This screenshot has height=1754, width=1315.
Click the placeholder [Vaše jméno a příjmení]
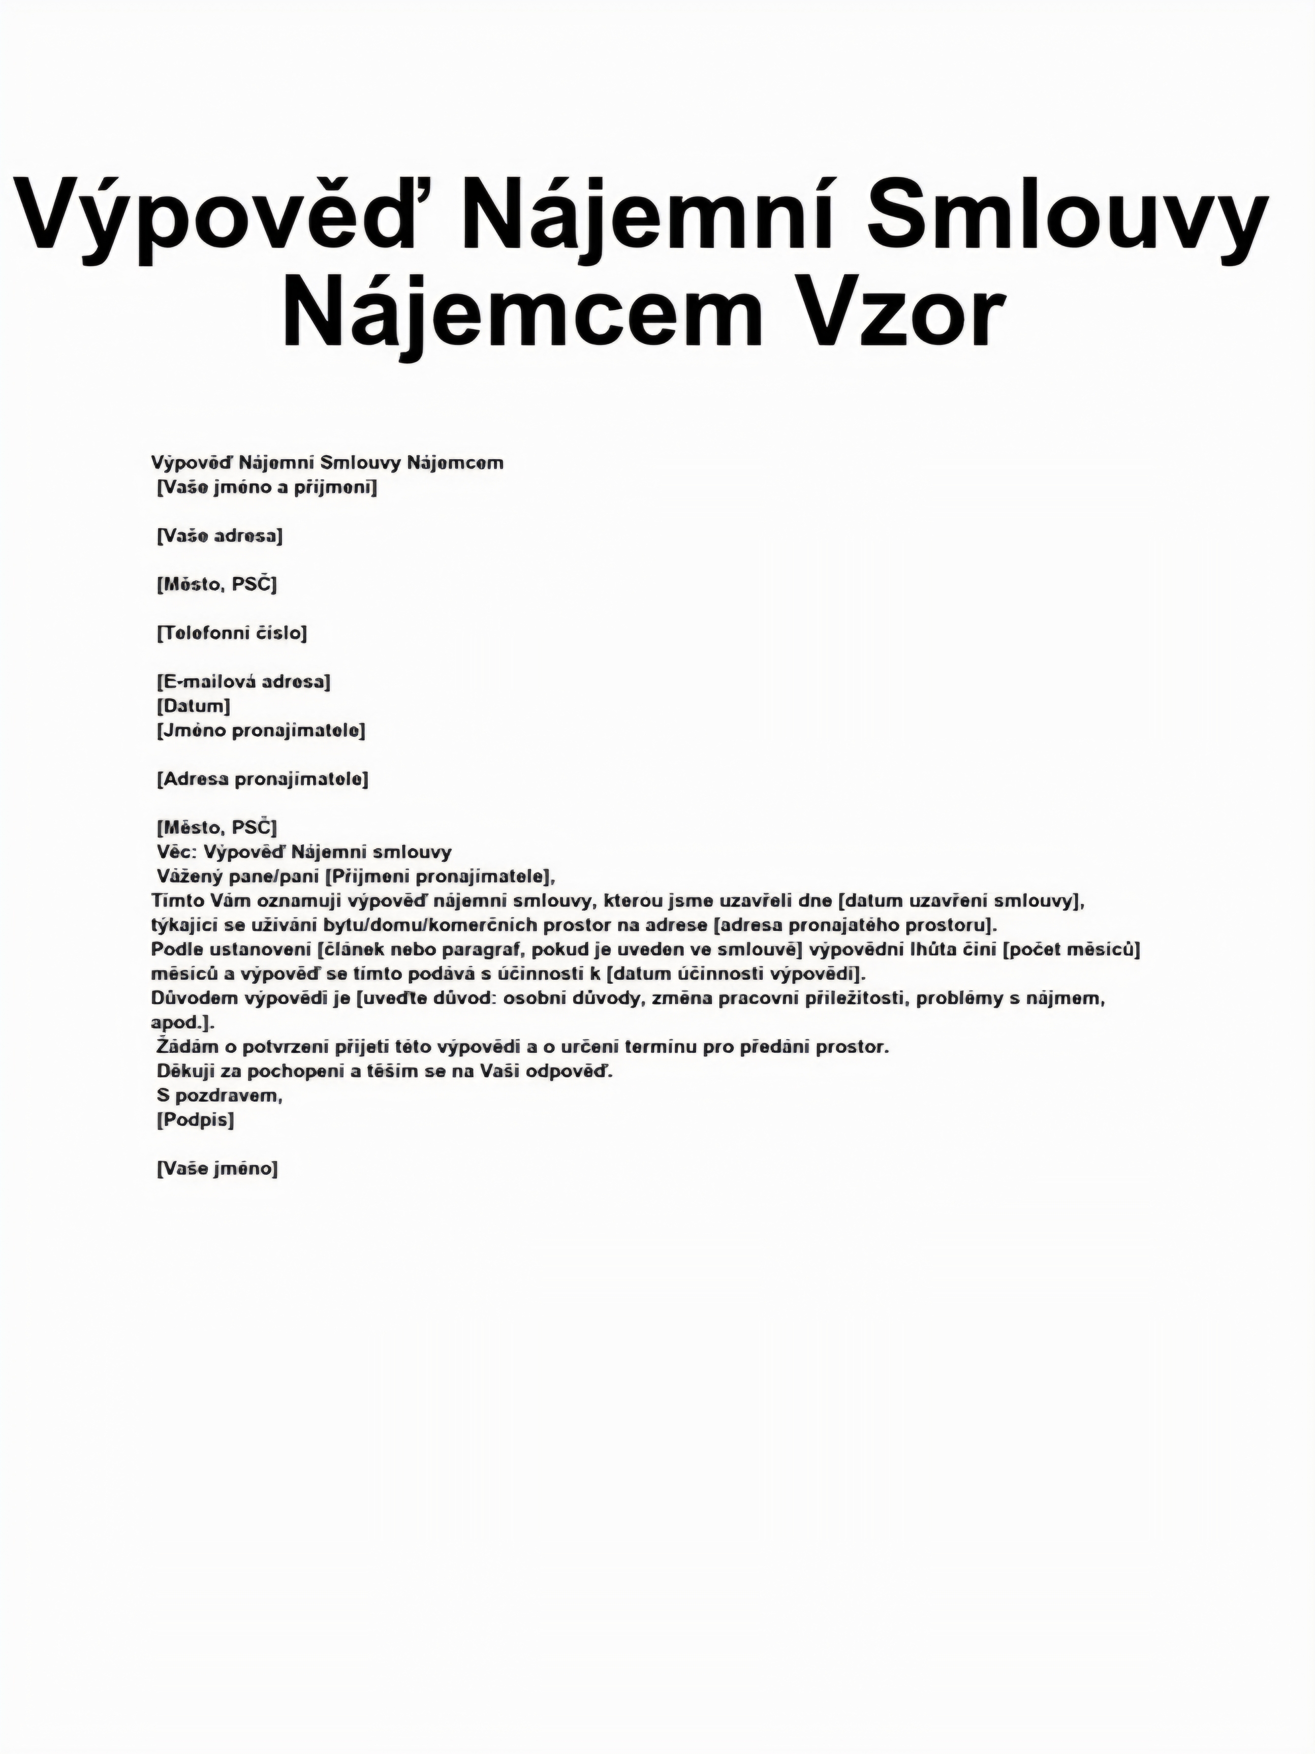tap(266, 488)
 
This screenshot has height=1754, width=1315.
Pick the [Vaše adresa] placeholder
tap(220, 536)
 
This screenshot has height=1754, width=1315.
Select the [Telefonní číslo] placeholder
tap(232, 633)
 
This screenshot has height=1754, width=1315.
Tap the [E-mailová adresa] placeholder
tap(243, 681)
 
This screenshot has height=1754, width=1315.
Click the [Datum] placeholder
tap(194, 706)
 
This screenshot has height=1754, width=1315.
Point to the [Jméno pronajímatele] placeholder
tap(261, 730)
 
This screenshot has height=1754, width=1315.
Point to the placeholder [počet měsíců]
tap(1072, 949)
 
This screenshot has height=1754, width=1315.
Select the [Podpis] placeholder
tap(195, 1120)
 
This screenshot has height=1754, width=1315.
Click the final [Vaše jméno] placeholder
tap(217, 1168)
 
